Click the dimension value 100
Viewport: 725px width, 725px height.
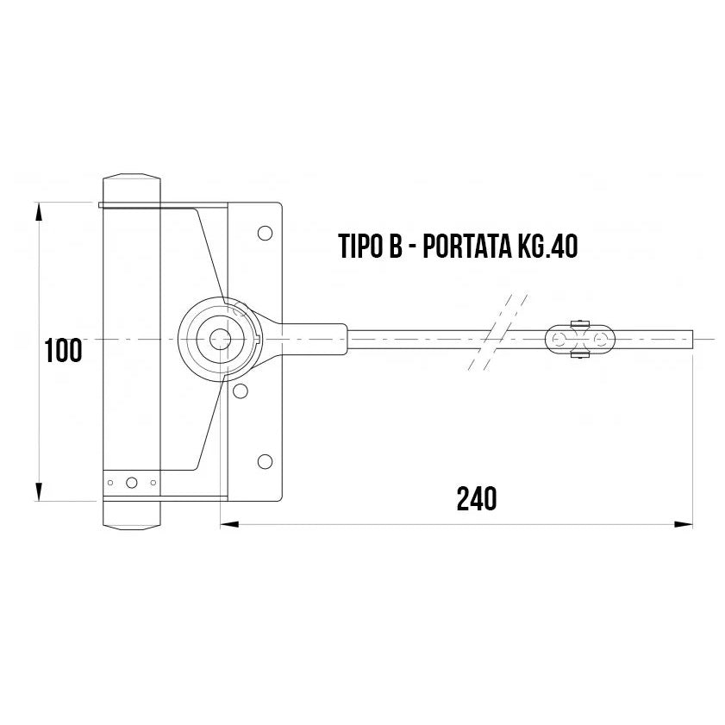click(x=64, y=351)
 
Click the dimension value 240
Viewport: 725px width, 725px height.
click(x=477, y=498)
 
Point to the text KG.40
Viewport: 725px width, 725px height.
click(x=547, y=247)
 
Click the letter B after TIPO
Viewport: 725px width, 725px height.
click(x=395, y=247)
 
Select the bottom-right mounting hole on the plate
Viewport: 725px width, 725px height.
click(x=265, y=460)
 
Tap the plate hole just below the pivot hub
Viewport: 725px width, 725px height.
click(x=241, y=392)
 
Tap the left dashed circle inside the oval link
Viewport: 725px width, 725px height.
click(x=563, y=339)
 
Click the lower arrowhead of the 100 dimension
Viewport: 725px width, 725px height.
click(x=38, y=492)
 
